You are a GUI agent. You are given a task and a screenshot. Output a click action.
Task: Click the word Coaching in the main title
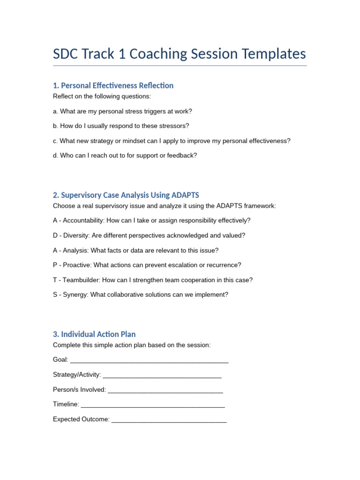point(153,54)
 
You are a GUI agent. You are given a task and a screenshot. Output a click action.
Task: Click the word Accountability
point(83,220)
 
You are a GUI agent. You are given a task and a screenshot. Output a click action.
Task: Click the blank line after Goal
point(149,360)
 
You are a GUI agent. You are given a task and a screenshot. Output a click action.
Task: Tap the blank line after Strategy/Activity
point(162,375)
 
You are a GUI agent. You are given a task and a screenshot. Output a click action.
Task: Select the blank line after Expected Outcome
point(169,420)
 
